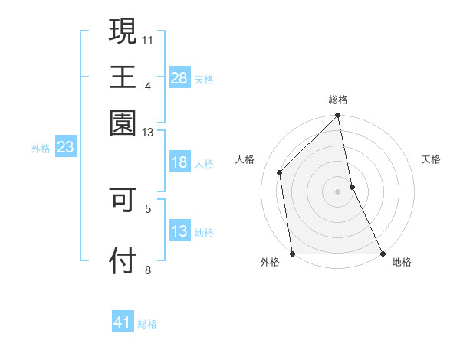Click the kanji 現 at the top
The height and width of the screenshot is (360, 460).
click(123, 31)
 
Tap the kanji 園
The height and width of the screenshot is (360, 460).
click(123, 122)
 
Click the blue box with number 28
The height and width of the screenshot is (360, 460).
click(179, 77)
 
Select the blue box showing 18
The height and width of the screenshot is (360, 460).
click(179, 162)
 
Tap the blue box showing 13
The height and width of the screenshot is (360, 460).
click(179, 231)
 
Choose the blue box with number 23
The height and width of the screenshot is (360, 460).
click(65, 148)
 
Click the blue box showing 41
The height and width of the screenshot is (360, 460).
click(123, 322)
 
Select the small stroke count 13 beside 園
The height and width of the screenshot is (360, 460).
click(147, 132)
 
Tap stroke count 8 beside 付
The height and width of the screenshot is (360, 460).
click(147, 270)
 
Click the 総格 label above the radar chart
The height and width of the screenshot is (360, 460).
click(338, 100)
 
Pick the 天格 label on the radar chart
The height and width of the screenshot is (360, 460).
click(432, 159)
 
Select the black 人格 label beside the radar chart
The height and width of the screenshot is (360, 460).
click(245, 159)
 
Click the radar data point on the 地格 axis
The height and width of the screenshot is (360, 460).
click(382, 253)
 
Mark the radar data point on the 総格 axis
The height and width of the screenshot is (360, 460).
click(338, 116)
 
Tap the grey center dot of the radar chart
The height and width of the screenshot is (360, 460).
click(338, 191)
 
